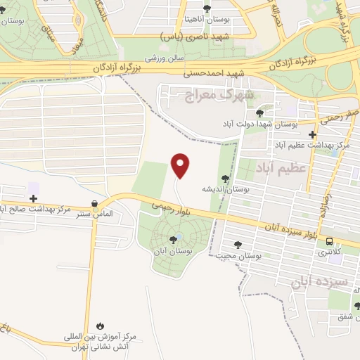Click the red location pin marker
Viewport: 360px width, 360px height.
[181, 165]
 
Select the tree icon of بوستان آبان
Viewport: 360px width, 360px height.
[174, 240]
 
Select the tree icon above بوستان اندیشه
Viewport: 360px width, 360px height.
[225, 179]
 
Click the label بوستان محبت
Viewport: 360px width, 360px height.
[243, 257]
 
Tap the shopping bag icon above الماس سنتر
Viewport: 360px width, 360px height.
[94, 204]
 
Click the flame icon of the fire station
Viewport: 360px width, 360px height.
[101, 326]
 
